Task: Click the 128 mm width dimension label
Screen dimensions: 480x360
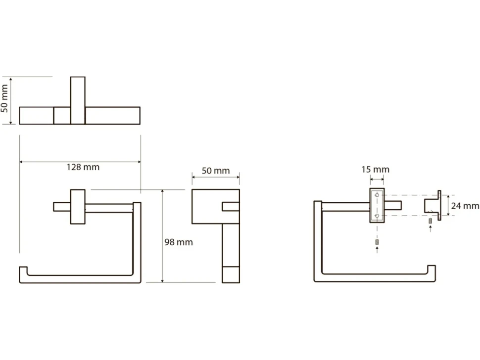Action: [83, 167]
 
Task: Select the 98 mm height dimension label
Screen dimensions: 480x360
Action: [179, 242]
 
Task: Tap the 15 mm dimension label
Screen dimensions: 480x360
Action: [375, 170]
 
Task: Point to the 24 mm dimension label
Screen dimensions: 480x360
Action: [465, 206]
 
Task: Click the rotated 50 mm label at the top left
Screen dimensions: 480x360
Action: [4, 99]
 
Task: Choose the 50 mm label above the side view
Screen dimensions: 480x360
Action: [216, 171]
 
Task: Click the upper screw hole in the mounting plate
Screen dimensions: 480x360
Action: [377, 195]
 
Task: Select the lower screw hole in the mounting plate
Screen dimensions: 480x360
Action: [377, 216]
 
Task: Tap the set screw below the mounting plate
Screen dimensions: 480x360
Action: [377, 242]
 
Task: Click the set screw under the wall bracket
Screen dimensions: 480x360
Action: [430, 221]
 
